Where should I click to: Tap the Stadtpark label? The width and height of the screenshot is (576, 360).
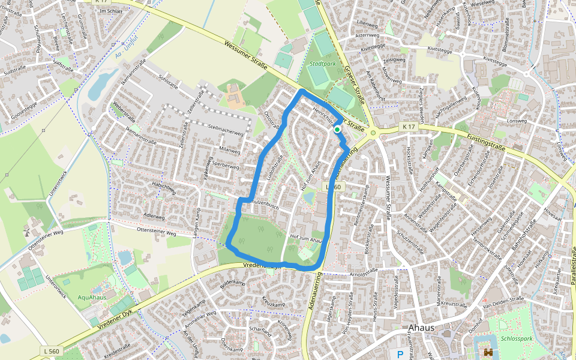coord(323,63)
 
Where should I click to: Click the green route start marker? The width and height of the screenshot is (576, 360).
coord(337,129)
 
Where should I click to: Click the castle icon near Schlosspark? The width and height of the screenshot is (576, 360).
coord(488,353)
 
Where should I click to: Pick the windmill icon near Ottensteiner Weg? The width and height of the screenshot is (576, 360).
coord(26,231)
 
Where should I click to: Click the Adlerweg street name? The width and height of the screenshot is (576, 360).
coord(154,216)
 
